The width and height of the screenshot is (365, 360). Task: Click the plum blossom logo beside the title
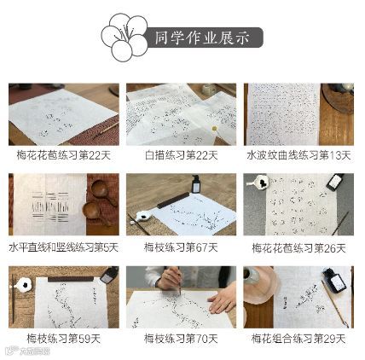point(125,38)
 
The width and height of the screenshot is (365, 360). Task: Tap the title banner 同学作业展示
point(202,38)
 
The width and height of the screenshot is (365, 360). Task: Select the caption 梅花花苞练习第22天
point(64,155)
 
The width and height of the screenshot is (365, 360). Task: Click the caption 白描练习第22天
point(182,155)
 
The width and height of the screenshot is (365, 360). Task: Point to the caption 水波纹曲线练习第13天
point(298,155)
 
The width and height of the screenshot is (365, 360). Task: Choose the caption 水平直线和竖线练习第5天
point(64,247)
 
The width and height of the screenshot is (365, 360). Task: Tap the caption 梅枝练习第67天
point(181,247)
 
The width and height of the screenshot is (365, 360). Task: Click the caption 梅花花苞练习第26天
point(298,248)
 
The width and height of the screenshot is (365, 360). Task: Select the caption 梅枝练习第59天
point(64,339)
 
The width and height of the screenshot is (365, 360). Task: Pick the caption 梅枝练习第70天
point(181,339)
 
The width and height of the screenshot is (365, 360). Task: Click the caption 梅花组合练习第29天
point(298,339)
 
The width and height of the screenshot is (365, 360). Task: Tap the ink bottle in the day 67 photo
point(195,183)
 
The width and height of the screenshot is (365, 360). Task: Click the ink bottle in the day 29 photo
point(334,280)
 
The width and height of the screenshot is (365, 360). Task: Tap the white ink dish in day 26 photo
point(260,182)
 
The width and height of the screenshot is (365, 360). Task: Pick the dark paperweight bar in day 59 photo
point(71,279)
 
